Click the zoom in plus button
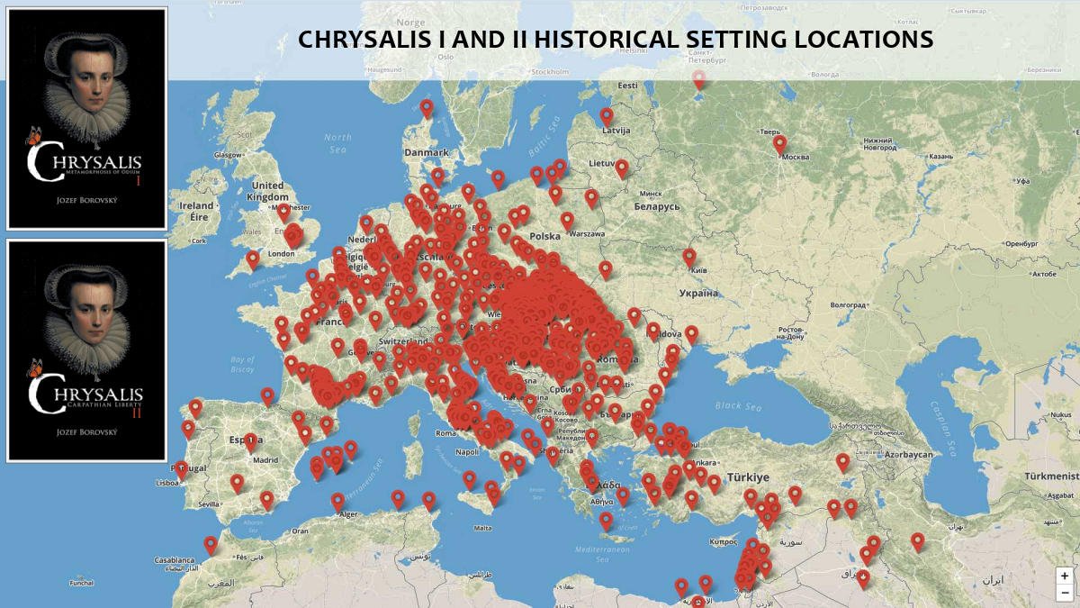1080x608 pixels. (x=1065, y=576)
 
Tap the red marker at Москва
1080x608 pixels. (x=779, y=143)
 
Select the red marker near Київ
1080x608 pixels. (x=689, y=257)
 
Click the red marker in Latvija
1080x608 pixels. (x=607, y=116)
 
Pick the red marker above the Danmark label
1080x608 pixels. (x=427, y=108)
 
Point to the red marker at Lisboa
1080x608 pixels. (x=181, y=469)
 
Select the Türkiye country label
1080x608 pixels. (x=748, y=476)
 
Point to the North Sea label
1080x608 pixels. (x=338, y=142)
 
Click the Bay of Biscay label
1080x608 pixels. (x=243, y=363)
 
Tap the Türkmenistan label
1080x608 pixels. (x=1056, y=475)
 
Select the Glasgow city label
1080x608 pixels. (x=229, y=154)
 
